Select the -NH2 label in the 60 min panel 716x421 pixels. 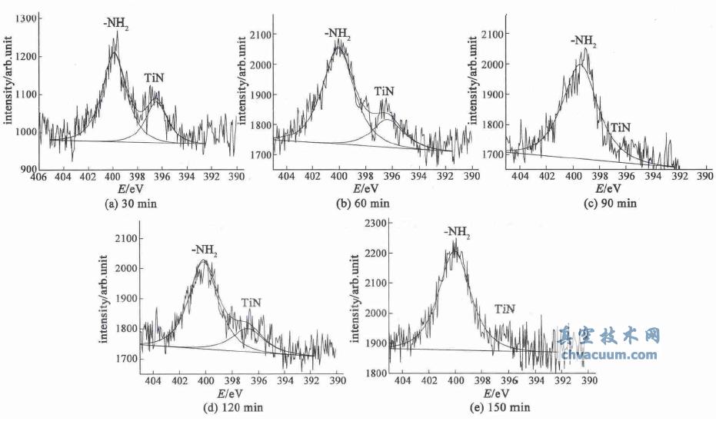(338, 34)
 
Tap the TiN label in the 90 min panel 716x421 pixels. (620, 127)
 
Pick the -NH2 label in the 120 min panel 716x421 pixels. (205, 250)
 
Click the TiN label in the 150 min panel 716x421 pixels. (505, 309)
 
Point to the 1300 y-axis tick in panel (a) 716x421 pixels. (23, 18)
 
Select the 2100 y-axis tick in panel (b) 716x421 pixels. (262, 35)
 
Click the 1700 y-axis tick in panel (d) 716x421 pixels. (125, 359)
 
